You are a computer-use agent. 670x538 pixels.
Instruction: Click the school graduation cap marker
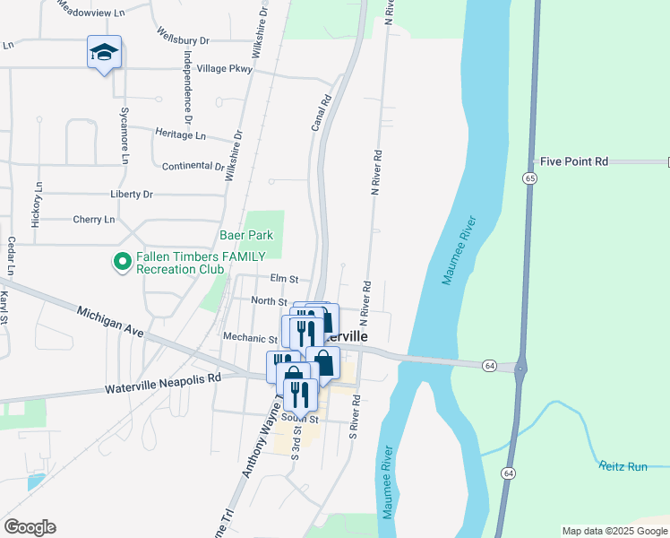(104, 53)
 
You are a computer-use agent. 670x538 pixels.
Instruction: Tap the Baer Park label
(245, 236)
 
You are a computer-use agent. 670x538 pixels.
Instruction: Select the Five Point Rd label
(574, 161)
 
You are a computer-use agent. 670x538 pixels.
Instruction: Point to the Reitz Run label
(624, 466)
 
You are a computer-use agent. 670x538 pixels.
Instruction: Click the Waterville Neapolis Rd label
(162, 384)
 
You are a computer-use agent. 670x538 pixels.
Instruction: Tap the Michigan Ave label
(110, 319)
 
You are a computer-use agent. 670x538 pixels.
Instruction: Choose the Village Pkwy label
(224, 68)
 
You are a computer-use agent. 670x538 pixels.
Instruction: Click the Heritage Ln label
(180, 134)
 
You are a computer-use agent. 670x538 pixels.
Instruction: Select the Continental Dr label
(193, 167)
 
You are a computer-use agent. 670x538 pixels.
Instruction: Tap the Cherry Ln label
(94, 220)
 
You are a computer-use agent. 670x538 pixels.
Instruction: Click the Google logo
(30, 527)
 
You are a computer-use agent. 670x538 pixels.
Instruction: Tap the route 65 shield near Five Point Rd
(530, 179)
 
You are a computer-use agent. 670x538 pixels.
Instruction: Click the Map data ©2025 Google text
(614, 531)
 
